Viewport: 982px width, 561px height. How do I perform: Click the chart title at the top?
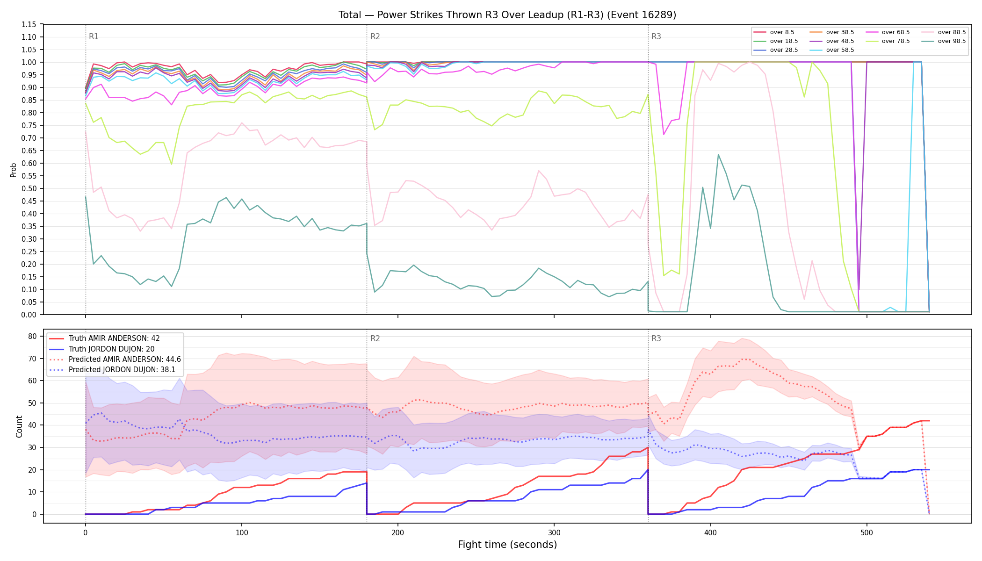(x=507, y=15)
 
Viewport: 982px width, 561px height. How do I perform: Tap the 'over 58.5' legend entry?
(x=831, y=50)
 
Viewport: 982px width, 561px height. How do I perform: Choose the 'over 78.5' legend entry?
(x=887, y=41)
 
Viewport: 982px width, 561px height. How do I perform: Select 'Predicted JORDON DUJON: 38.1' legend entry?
(x=115, y=370)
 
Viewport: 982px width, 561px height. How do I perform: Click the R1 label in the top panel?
(x=94, y=36)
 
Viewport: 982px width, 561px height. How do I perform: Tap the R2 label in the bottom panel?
(x=375, y=338)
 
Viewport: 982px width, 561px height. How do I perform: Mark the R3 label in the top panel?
(x=656, y=36)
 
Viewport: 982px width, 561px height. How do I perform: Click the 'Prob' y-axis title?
(x=14, y=170)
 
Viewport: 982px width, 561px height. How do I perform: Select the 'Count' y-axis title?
(x=19, y=426)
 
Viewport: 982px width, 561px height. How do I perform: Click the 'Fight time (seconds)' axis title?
(x=507, y=545)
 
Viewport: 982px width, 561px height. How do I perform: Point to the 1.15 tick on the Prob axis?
(x=29, y=24)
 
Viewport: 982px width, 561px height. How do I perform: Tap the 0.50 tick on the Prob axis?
(x=29, y=188)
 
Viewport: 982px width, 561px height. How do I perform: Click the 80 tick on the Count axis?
(x=32, y=336)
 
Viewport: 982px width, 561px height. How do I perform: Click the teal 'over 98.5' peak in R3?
(x=718, y=154)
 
